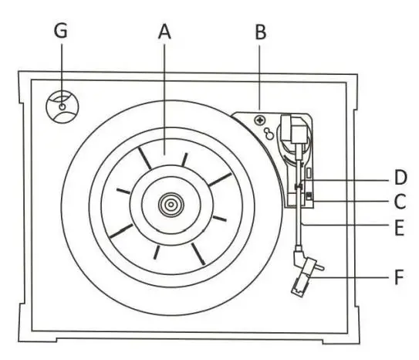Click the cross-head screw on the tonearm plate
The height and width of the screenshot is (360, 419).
tap(259, 121)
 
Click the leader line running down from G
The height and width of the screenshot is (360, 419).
tap(62, 70)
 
